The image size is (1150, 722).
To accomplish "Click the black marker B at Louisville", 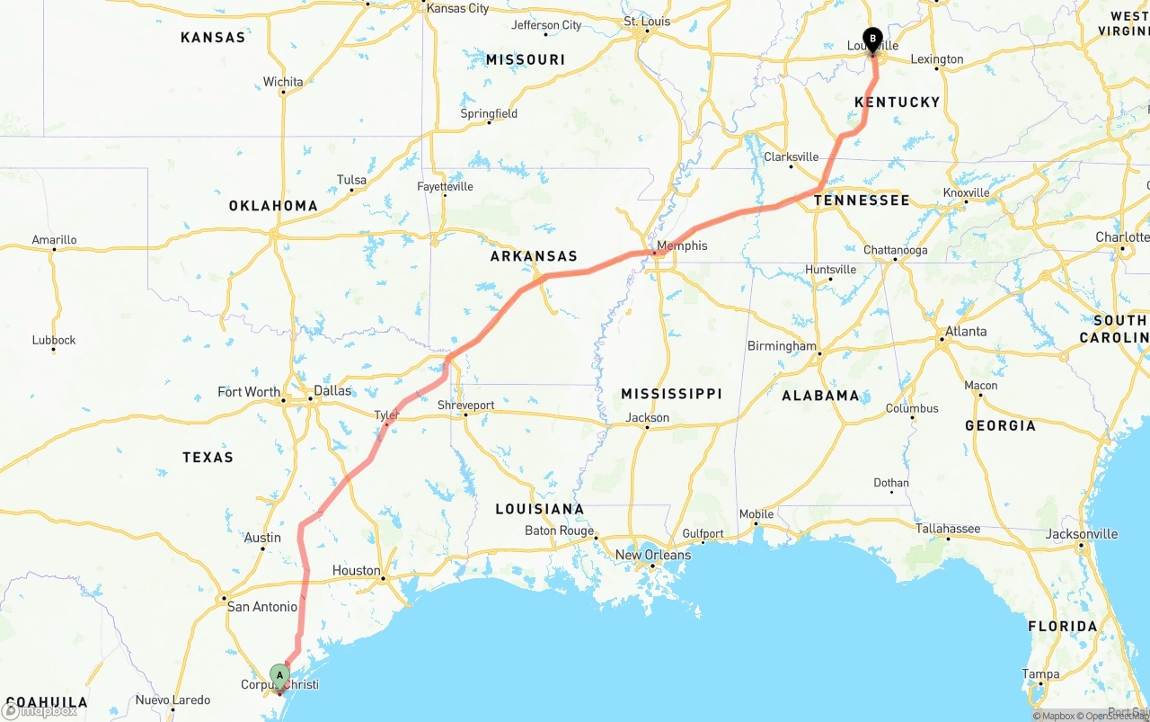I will (871, 39).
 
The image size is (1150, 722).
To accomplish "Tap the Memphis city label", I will (682, 245).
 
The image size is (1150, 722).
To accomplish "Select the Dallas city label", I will (332, 391).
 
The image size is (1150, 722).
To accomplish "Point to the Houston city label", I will (356, 570).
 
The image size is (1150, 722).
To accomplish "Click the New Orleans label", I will (652, 555).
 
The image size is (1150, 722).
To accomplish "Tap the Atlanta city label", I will (966, 331).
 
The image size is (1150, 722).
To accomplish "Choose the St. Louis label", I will (648, 22).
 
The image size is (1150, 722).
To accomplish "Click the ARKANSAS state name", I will (534, 256).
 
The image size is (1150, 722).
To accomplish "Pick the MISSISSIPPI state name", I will (671, 394).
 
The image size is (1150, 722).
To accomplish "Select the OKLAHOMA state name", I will (273, 206).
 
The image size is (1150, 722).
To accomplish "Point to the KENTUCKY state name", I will (897, 103).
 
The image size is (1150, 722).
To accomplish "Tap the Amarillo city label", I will (54, 240).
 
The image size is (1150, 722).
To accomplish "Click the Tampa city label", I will (1040, 674).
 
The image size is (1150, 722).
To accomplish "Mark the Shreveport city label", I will (465, 406).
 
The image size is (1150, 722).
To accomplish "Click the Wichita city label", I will (283, 82).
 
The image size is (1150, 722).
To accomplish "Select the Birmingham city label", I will (782, 346).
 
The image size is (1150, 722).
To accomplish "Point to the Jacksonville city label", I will (1082, 534).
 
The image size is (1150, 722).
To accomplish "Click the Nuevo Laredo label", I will (172, 700).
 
